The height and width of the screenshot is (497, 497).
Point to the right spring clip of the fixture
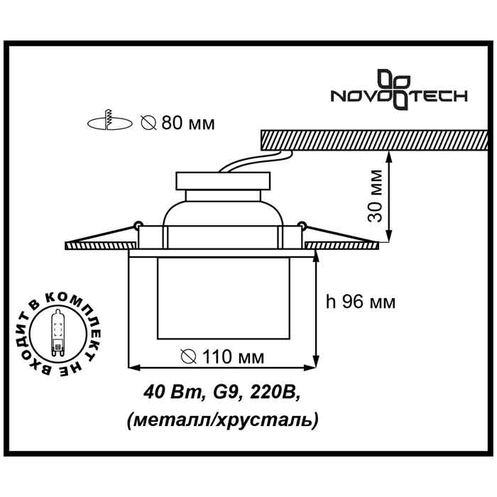pyautogui.click(x=302, y=227)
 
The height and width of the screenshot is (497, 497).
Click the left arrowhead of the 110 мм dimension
pyautogui.click(x=133, y=367)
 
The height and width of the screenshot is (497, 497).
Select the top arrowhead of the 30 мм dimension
pyautogui.click(x=388, y=155)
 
